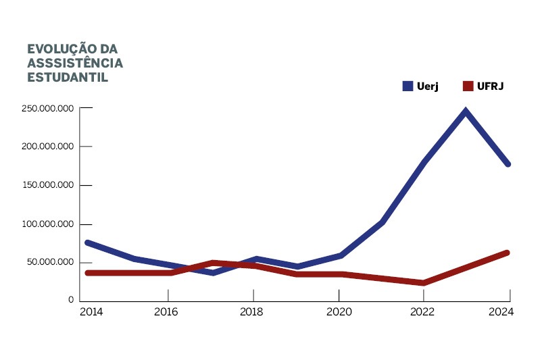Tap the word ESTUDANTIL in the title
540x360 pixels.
pos(68,77)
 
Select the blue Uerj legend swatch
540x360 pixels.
pos(408,86)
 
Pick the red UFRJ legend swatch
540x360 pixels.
pos(467,86)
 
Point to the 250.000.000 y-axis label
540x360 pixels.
pos(47,108)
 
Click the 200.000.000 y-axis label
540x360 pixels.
pos(47,147)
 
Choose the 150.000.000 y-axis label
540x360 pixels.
pos(47,185)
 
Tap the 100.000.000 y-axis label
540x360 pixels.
pos(47,224)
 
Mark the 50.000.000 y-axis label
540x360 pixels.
pos(50,262)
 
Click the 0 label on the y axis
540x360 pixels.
pos(70,300)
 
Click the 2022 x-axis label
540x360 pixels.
pos(422,312)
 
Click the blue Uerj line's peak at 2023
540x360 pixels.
pos(466,111)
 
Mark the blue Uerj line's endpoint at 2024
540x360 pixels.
pos(508,164)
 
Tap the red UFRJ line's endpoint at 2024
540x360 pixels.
pos(507,253)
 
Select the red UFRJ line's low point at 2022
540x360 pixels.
pos(423,283)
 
